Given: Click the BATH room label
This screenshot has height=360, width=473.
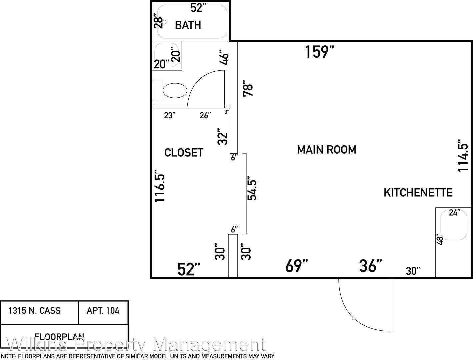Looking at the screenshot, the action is (x=188, y=25).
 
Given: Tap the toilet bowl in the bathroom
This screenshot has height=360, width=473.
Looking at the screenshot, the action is (x=175, y=91).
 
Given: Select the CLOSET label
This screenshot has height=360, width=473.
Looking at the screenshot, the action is (x=184, y=153).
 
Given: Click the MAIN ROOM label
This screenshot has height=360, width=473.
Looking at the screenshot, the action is (x=326, y=150).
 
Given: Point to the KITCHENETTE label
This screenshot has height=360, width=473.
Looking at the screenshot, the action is (x=418, y=193).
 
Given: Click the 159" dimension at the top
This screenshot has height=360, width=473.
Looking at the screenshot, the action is (x=320, y=52).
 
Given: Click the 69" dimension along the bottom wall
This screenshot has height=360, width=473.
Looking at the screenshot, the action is (x=296, y=266).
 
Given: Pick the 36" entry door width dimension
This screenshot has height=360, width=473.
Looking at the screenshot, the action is (x=370, y=266).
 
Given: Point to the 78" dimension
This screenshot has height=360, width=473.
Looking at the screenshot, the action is (x=248, y=89).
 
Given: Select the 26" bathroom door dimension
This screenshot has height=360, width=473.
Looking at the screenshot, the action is (x=205, y=115).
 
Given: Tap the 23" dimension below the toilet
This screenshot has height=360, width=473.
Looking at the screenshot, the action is (x=170, y=115).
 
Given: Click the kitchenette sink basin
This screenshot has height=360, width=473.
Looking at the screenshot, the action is (x=454, y=225).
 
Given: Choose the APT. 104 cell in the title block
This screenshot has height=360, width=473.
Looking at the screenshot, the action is (x=103, y=311).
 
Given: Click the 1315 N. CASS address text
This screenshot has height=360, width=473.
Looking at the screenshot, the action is (x=35, y=311).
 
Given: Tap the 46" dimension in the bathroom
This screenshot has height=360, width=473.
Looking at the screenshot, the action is (x=224, y=57).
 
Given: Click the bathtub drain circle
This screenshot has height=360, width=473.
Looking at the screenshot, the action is (x=164, y=22).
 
